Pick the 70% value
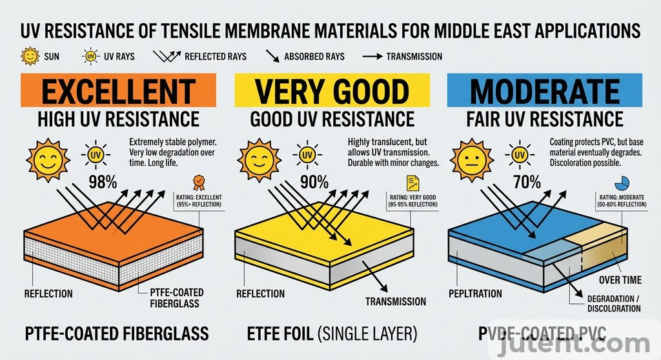527,182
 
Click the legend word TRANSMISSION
414,56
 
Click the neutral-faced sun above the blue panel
469,158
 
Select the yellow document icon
412,183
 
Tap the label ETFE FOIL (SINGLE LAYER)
332,334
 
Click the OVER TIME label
620,280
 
